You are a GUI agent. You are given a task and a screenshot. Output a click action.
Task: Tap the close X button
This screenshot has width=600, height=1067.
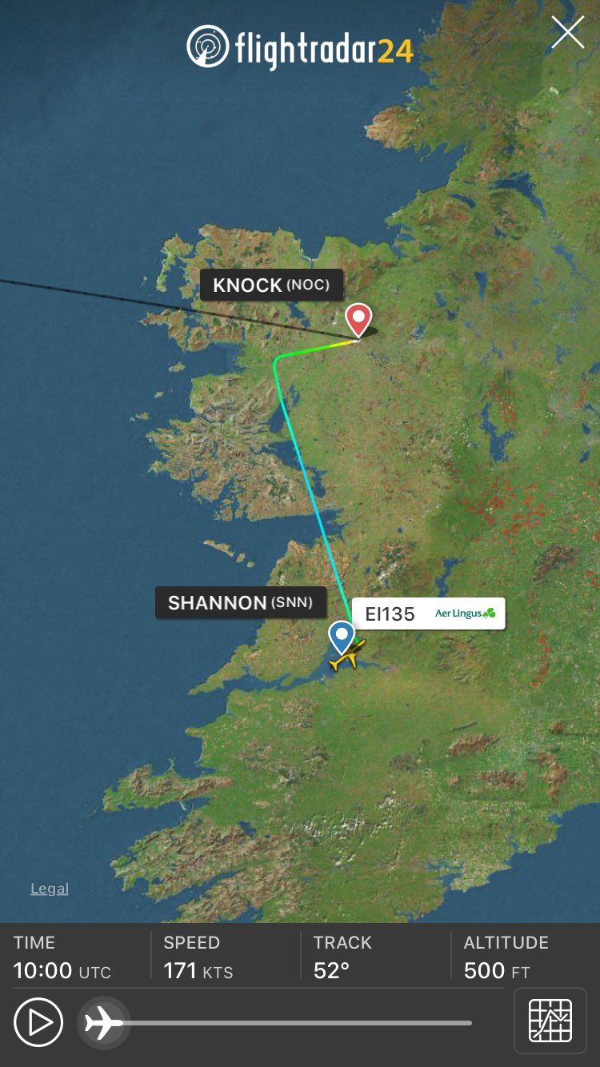coord(567,33)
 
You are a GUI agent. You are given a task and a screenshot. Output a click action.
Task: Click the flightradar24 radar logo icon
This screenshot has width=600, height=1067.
coord(207,46)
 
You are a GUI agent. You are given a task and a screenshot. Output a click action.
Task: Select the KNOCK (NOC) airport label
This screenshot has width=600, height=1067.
coord(271,285)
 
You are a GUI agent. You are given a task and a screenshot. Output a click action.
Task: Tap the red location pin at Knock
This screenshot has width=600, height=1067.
coord(358,318)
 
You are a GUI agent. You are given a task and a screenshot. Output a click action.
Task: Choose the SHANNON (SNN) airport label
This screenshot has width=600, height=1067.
coord(240,602)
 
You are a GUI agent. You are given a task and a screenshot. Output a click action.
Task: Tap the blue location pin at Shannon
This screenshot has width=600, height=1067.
coord(342,637)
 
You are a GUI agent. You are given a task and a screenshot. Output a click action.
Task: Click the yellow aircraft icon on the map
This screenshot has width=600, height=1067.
coord(347,655)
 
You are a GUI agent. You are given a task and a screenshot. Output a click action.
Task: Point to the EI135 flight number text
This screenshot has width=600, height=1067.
coord(390,613)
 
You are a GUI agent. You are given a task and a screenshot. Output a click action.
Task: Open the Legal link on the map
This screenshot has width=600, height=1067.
coord(50,889)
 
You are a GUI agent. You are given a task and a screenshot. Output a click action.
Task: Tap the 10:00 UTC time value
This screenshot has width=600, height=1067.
coord(62,971)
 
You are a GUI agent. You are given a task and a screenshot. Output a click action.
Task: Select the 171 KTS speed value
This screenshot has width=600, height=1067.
coord(198,971)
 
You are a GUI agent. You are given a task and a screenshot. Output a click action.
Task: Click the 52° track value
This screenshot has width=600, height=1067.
coord(331,971)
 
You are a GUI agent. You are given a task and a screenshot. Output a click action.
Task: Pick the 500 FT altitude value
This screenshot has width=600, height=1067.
coord(496,971)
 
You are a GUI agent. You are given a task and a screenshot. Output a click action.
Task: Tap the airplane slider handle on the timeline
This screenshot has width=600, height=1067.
coord(103,1022)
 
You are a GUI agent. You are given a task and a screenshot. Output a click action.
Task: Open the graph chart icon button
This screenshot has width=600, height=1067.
coord(550,1021)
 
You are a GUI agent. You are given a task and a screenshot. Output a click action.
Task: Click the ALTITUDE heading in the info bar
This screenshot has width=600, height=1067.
coord(506,942)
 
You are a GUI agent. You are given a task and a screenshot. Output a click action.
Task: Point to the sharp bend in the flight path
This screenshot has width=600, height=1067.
coord(277,361)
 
